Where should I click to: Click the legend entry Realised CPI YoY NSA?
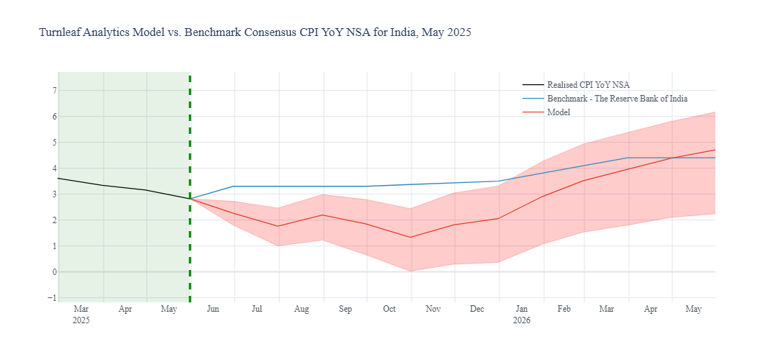click(588, 85)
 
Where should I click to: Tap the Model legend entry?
click(559, 112)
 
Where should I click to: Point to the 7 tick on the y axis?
click(53, 91)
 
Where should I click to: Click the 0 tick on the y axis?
click(53, 272)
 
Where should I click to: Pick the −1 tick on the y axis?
click(51, 298)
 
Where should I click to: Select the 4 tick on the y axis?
click(53, 168)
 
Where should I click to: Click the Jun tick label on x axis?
click(213, 310)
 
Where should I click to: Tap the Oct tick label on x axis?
click(389, 310)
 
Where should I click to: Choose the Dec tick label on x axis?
click(477, 310)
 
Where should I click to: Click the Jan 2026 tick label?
click(522, 315)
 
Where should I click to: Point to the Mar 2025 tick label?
click(81, 315)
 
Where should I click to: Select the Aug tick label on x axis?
click(302, 310)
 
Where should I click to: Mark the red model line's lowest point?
click(410, 238)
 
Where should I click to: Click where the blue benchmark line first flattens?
click(234, 186)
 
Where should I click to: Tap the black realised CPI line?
click(122, 188)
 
